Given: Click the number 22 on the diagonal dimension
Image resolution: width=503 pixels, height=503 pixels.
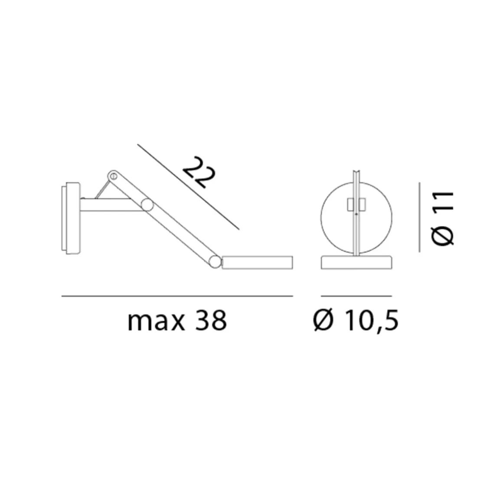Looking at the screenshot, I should [199, 173].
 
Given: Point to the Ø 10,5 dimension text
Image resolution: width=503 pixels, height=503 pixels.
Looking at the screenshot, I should [355, 321].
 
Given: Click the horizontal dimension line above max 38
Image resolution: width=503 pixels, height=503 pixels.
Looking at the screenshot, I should [177, 296].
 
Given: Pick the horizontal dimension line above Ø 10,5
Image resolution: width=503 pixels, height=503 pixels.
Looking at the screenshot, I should [356, 296].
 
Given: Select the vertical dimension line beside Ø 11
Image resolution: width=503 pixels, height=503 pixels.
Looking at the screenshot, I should [419, 217].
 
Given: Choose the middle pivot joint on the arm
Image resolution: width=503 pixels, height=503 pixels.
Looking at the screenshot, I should [147, 205].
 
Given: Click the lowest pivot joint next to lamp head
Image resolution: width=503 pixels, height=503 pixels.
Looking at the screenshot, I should [214, 261].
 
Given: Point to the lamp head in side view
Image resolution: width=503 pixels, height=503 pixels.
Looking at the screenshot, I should [257, 262].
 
